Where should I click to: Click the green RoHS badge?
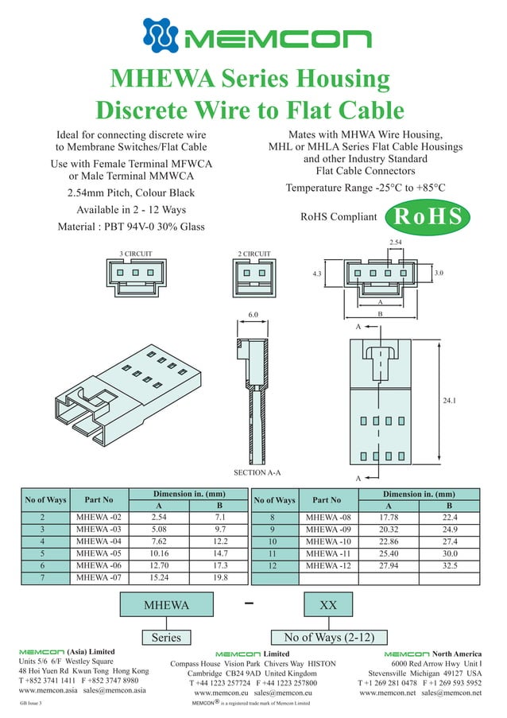(x=428, y=215)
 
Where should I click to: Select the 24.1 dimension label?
(x=449, y=401)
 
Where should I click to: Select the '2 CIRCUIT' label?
(x=254, y=254)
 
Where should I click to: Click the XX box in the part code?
(x=327, y=606)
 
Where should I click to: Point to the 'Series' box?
(x=166, y=637)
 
